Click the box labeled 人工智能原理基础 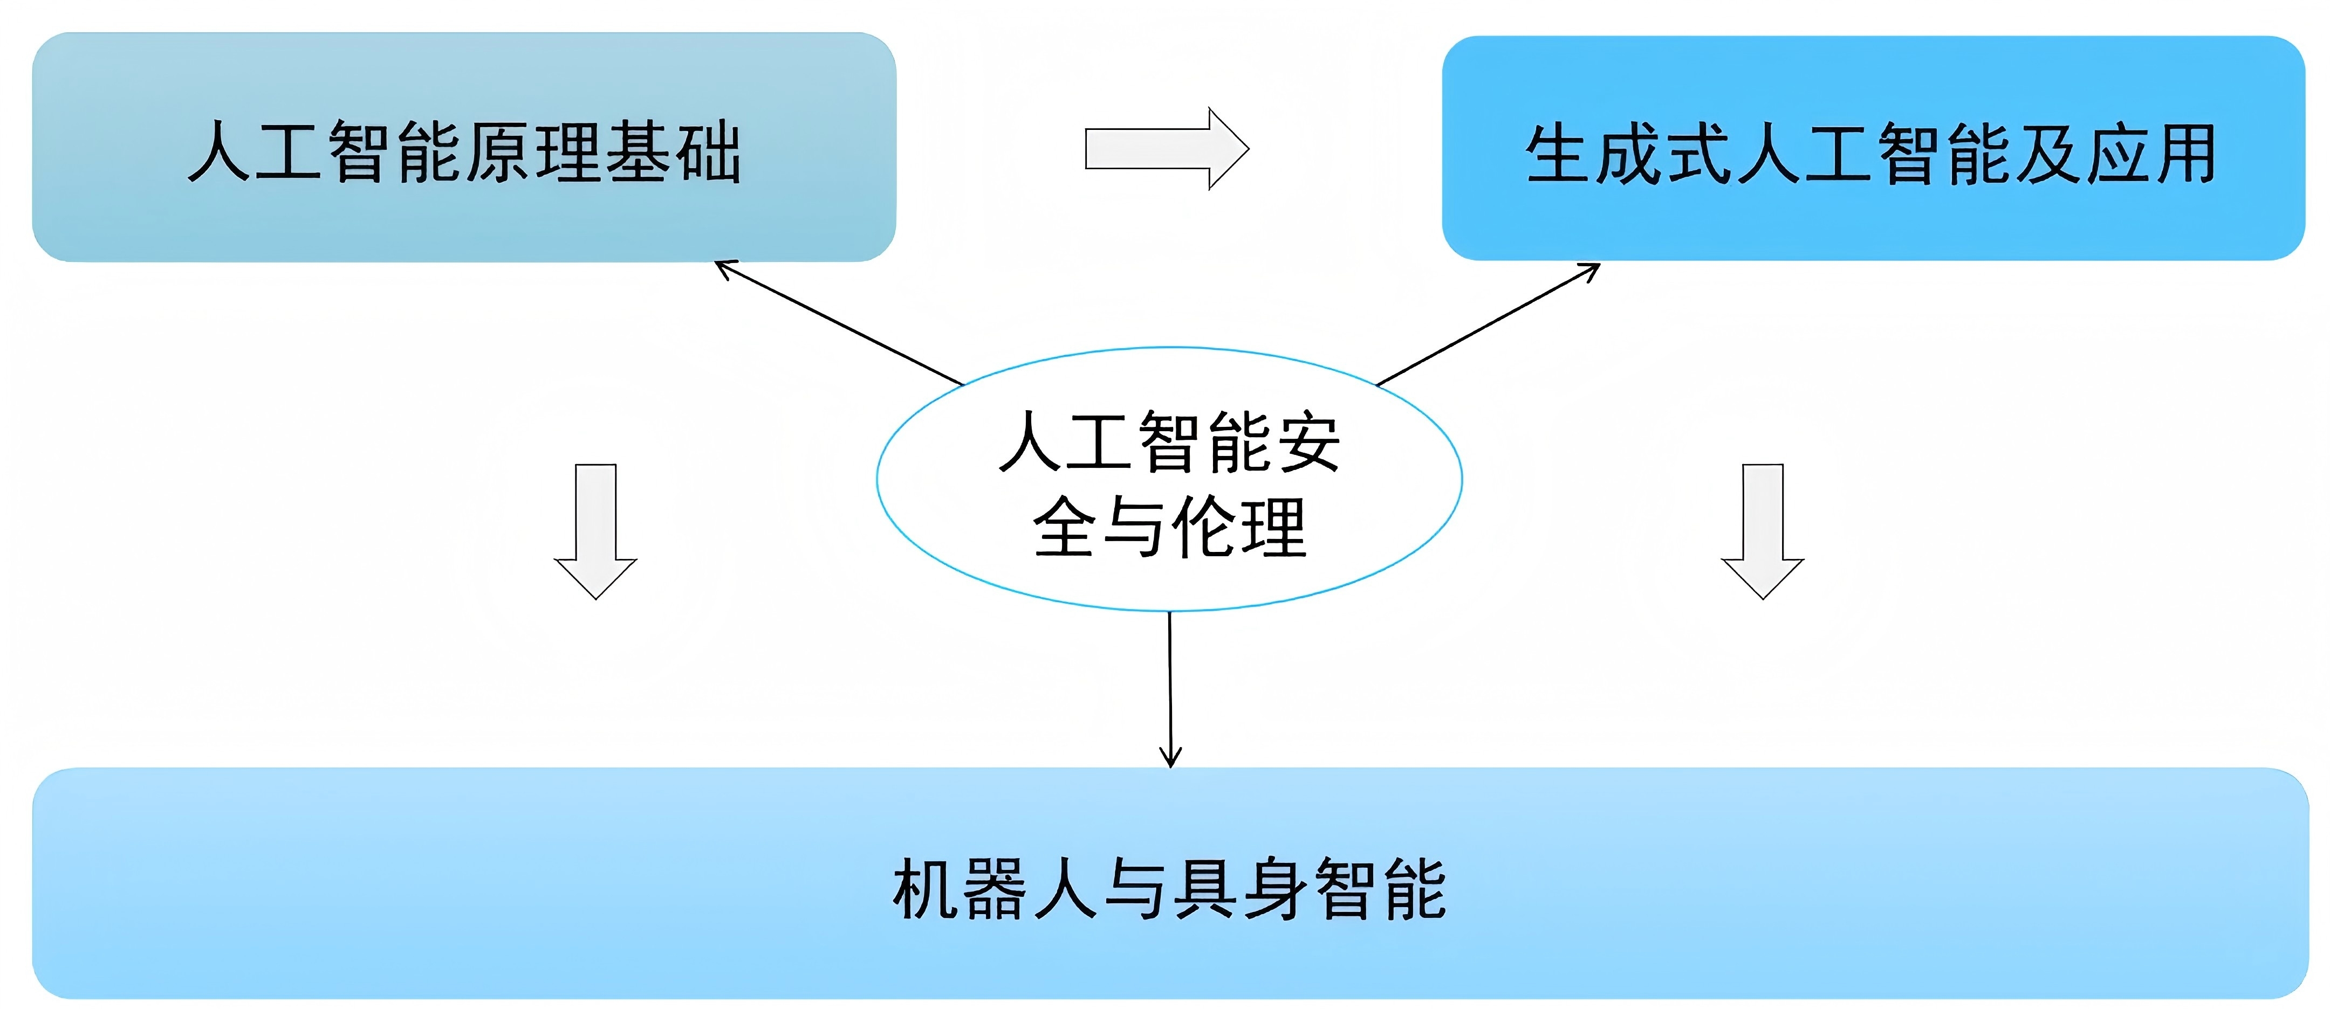click(x=463, y=147)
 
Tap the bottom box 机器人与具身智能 click(x=1169, y=883)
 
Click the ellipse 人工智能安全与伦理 click(x=1169, y=479)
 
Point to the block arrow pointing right click(x=1166, y=148)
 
